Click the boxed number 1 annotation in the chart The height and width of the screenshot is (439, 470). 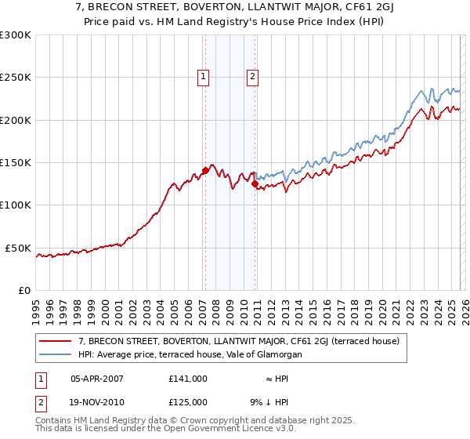click(203, 77)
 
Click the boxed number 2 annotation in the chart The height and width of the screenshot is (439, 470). click(253, 77)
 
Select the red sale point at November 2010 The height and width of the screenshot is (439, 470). click(255, 184)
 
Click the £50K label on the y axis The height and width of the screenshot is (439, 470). click(18, 248)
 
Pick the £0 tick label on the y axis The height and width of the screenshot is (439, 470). click(23, 290)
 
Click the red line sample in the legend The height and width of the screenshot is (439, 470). click(56, 341)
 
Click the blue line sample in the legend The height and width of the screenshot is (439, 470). click(56, 354)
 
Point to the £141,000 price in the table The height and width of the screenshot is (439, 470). click(187, 378)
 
